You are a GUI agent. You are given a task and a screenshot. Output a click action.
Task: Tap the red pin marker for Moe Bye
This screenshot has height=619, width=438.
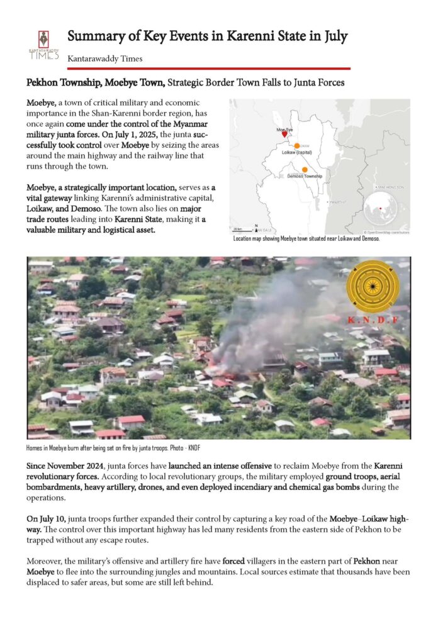coord(285,134)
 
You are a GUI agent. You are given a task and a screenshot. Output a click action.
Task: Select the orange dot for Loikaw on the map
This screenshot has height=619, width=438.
coord(297,145)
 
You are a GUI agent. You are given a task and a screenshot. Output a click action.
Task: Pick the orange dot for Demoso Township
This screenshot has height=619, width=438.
coord(305,169)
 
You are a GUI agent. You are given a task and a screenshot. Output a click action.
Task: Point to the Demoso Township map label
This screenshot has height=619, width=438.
coord(305,177)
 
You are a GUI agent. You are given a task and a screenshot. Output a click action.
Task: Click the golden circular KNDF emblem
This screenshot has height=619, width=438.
coord(373,286)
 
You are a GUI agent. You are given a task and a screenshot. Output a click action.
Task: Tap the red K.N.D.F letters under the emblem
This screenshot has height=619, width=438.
coord(373,320)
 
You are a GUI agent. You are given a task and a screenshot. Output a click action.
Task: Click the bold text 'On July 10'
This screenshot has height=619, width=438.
coord(46,518)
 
